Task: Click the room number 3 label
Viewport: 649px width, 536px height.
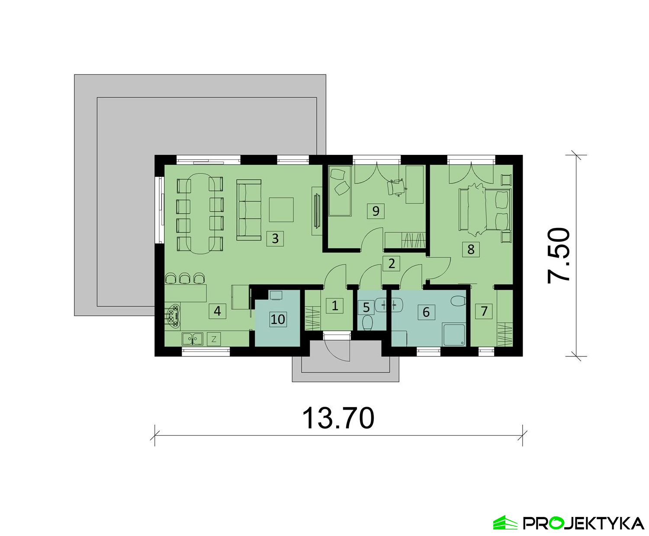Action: pyautogui.click(x=275, y=239)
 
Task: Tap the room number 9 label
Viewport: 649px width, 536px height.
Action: pyautogui.click(x=376, y=211)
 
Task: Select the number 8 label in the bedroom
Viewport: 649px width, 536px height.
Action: pyautogui.click(x=471, y=249)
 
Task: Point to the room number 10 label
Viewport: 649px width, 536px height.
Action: pyautogui.click(x=278, y=319)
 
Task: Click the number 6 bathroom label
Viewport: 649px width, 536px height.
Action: pyautogui.click(x=426, y=312)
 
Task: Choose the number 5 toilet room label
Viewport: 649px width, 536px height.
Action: pyautogui.click(x=366, y=307)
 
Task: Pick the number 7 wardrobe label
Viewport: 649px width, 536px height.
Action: pyautogui.click(x=484, y=311)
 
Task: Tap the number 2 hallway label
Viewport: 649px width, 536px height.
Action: pyautogui.click(x=391, y=263)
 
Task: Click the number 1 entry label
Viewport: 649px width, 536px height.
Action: pyautogui.click(x=334, y=306)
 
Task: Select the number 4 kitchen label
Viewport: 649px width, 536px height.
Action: pyautogui.click(x=217, y=311)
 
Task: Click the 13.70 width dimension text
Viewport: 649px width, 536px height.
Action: pyautogui.click(x=338, y=418)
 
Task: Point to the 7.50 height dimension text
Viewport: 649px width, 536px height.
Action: pyautogui.click(x=559, y=255)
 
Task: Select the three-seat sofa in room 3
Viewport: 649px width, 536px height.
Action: pyautogui.click(x=249, y=210)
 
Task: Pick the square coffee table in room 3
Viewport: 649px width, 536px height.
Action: pyautogui.click(x=281, y=210)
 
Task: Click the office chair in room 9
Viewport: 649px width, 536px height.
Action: pyautogui.click(x=396, y=187)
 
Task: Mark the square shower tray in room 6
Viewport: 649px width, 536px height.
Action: pyautogui.click(x=454, y=335)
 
